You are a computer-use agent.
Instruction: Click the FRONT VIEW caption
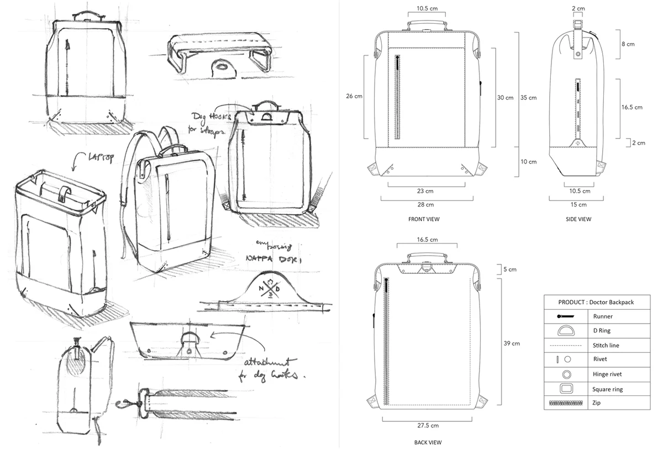pos(424,219)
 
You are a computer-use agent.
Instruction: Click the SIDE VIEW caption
pos(578,219)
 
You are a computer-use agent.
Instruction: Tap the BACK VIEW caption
pos(428,442)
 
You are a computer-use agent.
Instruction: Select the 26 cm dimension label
pos(354,96)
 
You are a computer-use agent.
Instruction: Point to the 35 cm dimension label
pos(529,98)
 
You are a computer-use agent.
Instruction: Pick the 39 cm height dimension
pos(512,344)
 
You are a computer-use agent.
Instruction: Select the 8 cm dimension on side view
pos(627,44)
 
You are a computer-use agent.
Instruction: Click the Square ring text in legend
pos(608,389)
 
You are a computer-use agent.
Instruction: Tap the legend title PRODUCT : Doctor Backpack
pos(596,302)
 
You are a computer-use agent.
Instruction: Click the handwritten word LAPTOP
pos(101,159)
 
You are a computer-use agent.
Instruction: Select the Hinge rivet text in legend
pos(608,374)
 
